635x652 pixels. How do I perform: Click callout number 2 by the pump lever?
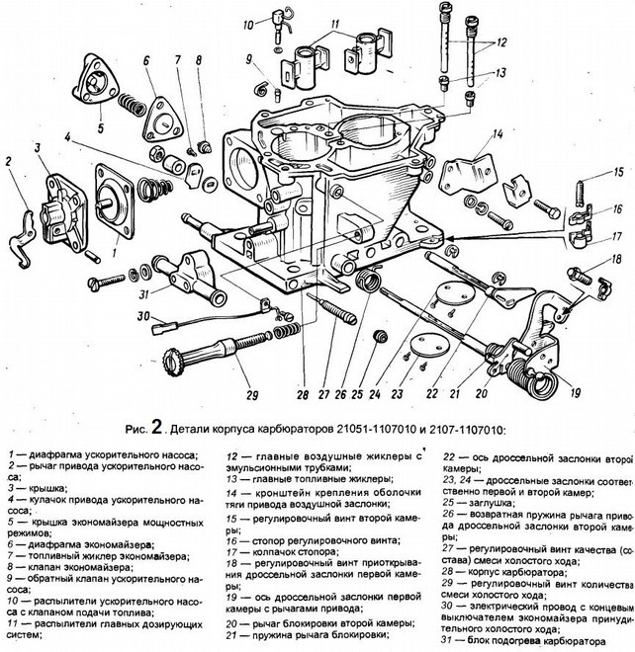click(x=9, y=160)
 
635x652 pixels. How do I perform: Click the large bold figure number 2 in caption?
click(x=153, y=428)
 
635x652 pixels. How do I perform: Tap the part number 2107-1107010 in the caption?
click(x=460, y=430)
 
